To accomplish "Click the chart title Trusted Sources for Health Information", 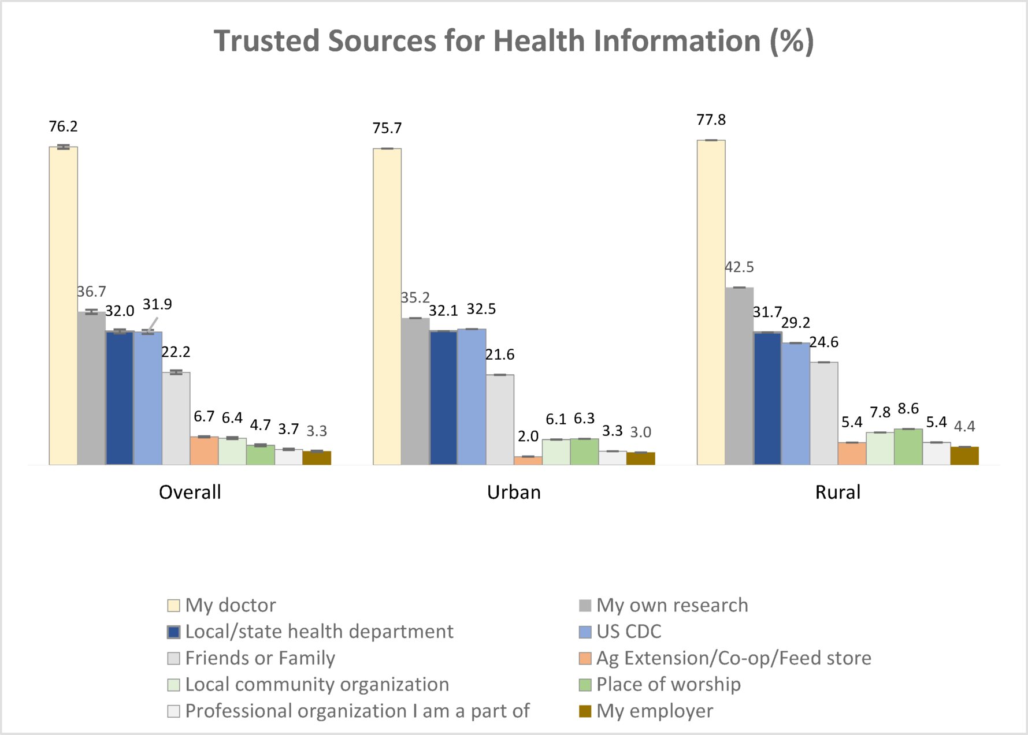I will click(x=514, y=41).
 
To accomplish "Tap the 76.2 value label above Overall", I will click(x=63, y=126).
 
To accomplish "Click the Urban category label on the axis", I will click(x=514, y=493).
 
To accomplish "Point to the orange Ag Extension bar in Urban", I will click(x=528, y=461).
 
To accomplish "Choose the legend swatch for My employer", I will click(x=585, y=711).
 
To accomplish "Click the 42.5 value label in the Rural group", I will click(x=739, y=267).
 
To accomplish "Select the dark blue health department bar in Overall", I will click(x=120, y=398).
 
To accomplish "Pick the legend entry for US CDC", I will click(x=629, y=632).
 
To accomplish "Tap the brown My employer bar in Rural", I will click(x=964, y=456).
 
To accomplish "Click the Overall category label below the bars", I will click(x=190, y=493).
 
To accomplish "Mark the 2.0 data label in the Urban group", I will click(x=528, y=436).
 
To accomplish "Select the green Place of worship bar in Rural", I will click(x=908, y=447).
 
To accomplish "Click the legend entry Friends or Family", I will click(x=260, y=658).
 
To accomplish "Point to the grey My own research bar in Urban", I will click(x=415, y=391).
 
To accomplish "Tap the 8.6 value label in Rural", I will click(x=908, y=409).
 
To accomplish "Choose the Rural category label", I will click(x=837, y=493).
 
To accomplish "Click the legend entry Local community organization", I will click(x=317, y=685).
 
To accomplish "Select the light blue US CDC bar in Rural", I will click(x=795, y=404).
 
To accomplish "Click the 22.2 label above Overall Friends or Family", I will click(x=176, y=352).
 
